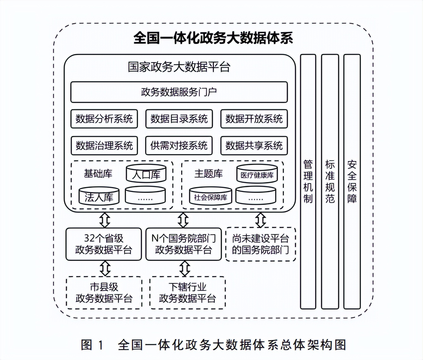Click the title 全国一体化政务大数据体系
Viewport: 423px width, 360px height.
point(213,38)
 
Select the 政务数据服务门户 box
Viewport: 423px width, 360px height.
point(179,92)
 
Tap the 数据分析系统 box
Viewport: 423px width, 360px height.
point(104,119)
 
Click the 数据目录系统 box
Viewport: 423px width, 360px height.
point(179,119)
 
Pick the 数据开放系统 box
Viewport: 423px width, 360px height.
point(254,119)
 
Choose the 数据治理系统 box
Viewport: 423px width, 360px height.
point(104,146)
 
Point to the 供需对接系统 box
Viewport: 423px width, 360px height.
point(179,146)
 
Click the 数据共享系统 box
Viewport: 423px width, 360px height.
point(254,146)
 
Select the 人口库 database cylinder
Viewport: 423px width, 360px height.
point(146,174)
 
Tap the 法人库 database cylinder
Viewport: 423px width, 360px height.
point(99,197)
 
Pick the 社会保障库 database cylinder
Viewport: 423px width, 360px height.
point(211,197)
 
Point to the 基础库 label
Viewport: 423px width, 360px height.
point(98,174)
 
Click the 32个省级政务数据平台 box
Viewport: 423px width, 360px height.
point(104,244)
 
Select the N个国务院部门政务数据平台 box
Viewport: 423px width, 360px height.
point(183,244)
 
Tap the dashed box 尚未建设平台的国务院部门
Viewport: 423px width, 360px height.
point(260,244)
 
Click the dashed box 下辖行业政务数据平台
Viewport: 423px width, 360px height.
point(187,293)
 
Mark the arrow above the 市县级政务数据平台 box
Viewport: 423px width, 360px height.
point(105,268)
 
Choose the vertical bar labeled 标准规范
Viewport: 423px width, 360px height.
point(330,182)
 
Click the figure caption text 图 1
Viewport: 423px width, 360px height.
point(92,345)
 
